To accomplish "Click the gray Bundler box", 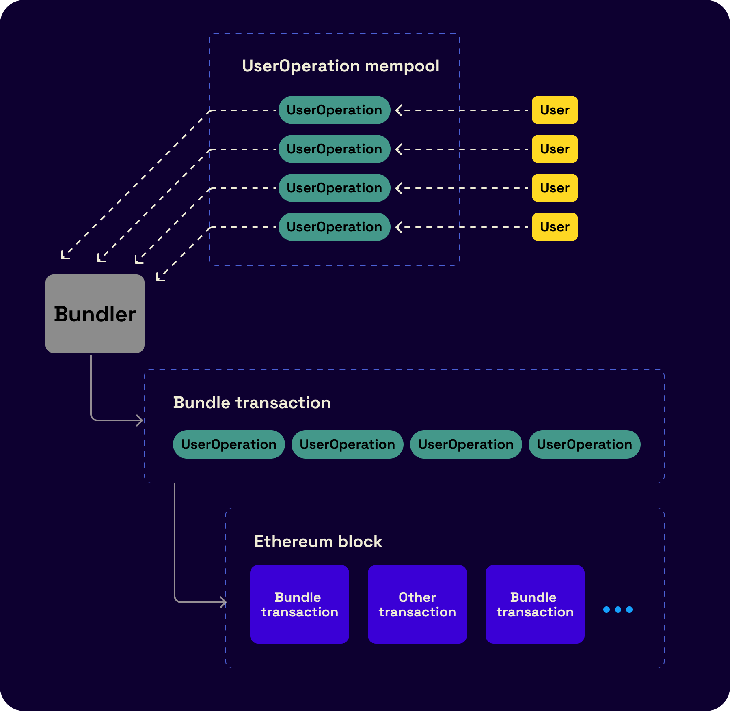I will [95, 314].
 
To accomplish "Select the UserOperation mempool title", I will [340, 66].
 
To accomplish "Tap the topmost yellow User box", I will [555, 110].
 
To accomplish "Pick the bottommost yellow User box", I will [555, 227].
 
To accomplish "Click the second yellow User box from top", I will [555, 149].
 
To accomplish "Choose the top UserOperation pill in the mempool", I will [334, 110].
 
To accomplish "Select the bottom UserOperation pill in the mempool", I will [334, 227].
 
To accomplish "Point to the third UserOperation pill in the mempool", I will [334, 188].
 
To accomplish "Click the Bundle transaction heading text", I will [252, 403].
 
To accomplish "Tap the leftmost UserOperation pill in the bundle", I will [229, 444].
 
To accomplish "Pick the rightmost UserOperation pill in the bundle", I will [584, 444].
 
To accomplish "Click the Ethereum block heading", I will [318, 541].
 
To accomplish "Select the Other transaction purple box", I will [417, 604].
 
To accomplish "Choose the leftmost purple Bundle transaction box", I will [299, 604].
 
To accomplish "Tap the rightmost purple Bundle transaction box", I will [535, 604].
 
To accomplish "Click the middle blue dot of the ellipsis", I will [618, 610].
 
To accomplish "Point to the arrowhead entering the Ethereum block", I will [223, 602].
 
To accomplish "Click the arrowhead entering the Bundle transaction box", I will [140, 420].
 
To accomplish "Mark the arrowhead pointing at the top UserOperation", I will [399, 110].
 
